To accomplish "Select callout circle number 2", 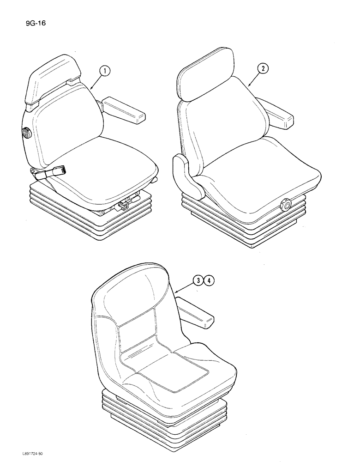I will (263, 69).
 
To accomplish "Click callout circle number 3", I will (198, 280).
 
